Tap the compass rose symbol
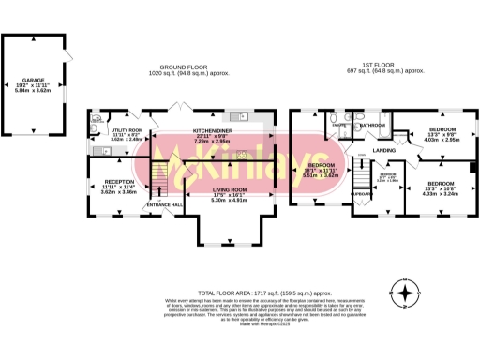(404, 295)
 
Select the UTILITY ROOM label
(127, 131)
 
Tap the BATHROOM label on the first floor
(372, 125)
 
